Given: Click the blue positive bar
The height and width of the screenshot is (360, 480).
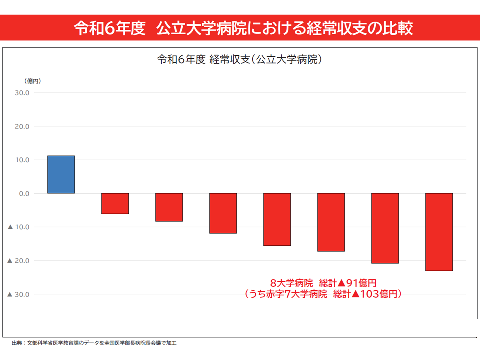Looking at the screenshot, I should pos(61,174).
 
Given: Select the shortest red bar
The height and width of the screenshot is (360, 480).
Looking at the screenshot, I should pos(115,203).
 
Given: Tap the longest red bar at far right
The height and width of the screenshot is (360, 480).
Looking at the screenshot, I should pos(439,232).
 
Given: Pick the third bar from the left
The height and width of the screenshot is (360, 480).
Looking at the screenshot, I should pos(169,207).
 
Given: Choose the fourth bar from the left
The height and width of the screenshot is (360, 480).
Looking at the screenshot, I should pos(223,213).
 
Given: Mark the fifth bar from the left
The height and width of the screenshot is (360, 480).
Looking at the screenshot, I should pos(277,219).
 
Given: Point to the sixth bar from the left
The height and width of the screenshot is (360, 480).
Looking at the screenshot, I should pos(331,222).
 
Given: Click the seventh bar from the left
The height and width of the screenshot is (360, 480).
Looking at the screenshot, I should pos(385,228).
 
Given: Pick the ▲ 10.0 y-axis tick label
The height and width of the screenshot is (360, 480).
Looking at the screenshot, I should pos(19,227).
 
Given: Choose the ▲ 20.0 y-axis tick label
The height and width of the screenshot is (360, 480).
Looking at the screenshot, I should pos(19,261).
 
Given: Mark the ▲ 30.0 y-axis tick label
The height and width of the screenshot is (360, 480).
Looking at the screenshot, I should pos(19,294).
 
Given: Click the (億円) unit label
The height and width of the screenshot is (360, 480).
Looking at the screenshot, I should pos(32,81).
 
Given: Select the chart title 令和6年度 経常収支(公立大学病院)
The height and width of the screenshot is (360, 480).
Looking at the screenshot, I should pos(239,60).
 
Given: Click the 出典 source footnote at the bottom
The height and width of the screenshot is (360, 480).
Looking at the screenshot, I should pos(94,344).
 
